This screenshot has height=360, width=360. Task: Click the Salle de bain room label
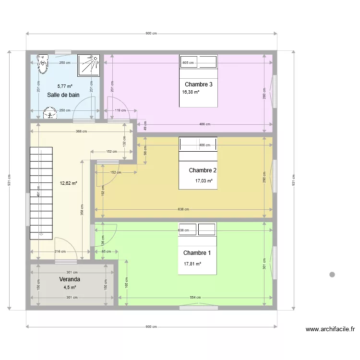tap(63, 95)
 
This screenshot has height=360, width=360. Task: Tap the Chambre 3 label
tap(198, 84)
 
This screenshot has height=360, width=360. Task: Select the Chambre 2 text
tap(203, 170)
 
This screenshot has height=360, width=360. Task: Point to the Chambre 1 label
tap(197, 253)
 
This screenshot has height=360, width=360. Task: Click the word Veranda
tap(70, 279)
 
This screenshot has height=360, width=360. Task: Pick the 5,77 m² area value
tap(65, 86)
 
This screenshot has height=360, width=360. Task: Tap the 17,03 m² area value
tap(204, 181)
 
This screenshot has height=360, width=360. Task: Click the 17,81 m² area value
tap(192, 264)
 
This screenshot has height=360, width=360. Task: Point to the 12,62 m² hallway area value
tap(68, 183)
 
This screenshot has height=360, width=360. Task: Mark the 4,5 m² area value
tap(70, 288)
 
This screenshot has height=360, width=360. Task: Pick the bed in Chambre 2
tap(198, 163)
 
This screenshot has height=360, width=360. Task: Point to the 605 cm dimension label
tap(188, 63)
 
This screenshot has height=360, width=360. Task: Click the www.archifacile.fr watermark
tap(330, 329)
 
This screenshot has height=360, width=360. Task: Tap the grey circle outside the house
tap(332, 275)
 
